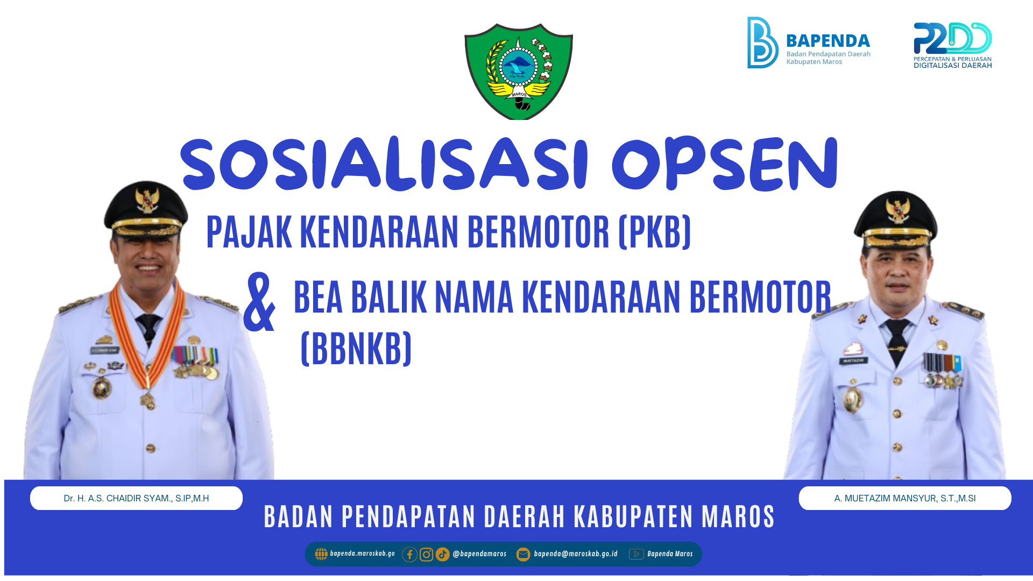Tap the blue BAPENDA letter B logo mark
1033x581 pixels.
(762, 42)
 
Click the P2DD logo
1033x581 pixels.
(953, 45)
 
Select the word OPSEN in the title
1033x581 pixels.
(725, 164)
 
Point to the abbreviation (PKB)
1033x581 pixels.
(655, 232)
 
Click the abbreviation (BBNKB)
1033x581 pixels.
(356, 349)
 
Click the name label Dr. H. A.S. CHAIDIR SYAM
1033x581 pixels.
(136, 498)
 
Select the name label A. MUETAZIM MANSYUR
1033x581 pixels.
(905, 498)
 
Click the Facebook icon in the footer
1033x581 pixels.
(409, 554)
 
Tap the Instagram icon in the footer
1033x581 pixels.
(426, 554)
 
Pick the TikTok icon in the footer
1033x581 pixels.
(443, 554)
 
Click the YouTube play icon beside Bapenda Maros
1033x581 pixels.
(636, 554)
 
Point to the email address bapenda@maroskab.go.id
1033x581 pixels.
(576, 554)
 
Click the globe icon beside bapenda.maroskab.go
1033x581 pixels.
(321, 554)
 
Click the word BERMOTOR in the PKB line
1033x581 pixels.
(539, 232)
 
